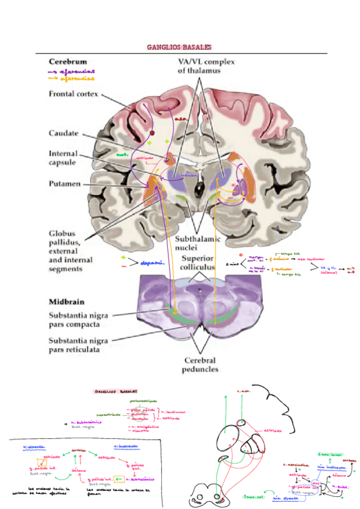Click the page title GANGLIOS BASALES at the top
click(180, 47)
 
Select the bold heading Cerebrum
click(68, 61)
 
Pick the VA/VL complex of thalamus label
click(206, 66)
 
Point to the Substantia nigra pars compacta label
click(79, 319)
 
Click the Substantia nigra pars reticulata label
click(81, 344)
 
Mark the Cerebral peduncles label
click(201, 365)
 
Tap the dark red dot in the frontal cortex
click(152, 133)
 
